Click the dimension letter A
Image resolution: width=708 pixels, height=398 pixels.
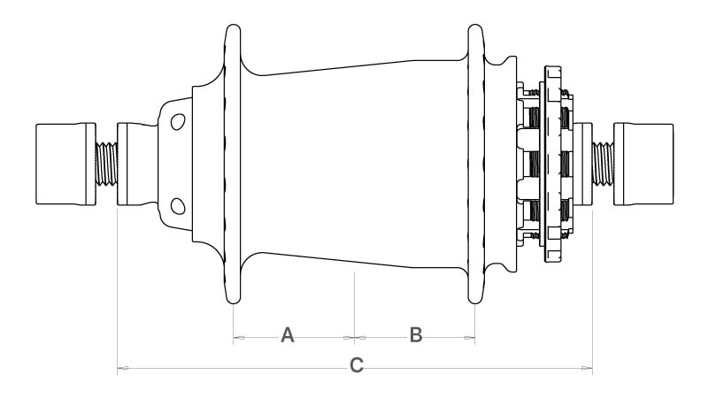[x=288, y=335]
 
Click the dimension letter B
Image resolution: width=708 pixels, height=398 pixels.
[x=416, y=335]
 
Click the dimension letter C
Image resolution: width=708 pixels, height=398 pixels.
[x=357, y=365]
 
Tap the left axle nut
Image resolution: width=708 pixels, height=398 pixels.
[x=65, y=164]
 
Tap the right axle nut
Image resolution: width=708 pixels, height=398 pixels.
[x=643, y=164]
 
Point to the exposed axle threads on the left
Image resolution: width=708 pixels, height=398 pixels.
[x=106, y=164]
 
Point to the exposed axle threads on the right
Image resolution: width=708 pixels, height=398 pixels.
[x=603, y=164]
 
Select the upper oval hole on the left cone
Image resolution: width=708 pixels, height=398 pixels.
[x=178, y=122]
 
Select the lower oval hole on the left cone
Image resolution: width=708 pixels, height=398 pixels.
[x=178, y=206]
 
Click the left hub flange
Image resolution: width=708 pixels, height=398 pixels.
[x=233, y=164]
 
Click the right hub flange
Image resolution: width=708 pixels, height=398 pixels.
[x=475, y=164]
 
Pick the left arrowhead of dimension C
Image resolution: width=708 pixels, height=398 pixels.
[x=123, y=368]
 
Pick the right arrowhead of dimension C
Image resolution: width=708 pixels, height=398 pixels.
[x=587, y=368]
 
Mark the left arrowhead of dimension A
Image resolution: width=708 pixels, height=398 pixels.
[x=239, y=337]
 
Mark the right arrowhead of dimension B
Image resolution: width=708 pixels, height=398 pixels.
[x=470, y=337]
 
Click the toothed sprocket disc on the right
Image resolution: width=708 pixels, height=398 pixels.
[x=552, y=164]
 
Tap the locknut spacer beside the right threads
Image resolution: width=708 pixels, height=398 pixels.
[x=582, y=164]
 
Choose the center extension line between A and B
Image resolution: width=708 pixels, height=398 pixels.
[x=355, y=308]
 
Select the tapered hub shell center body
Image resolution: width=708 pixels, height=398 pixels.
[x=355, y=164]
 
